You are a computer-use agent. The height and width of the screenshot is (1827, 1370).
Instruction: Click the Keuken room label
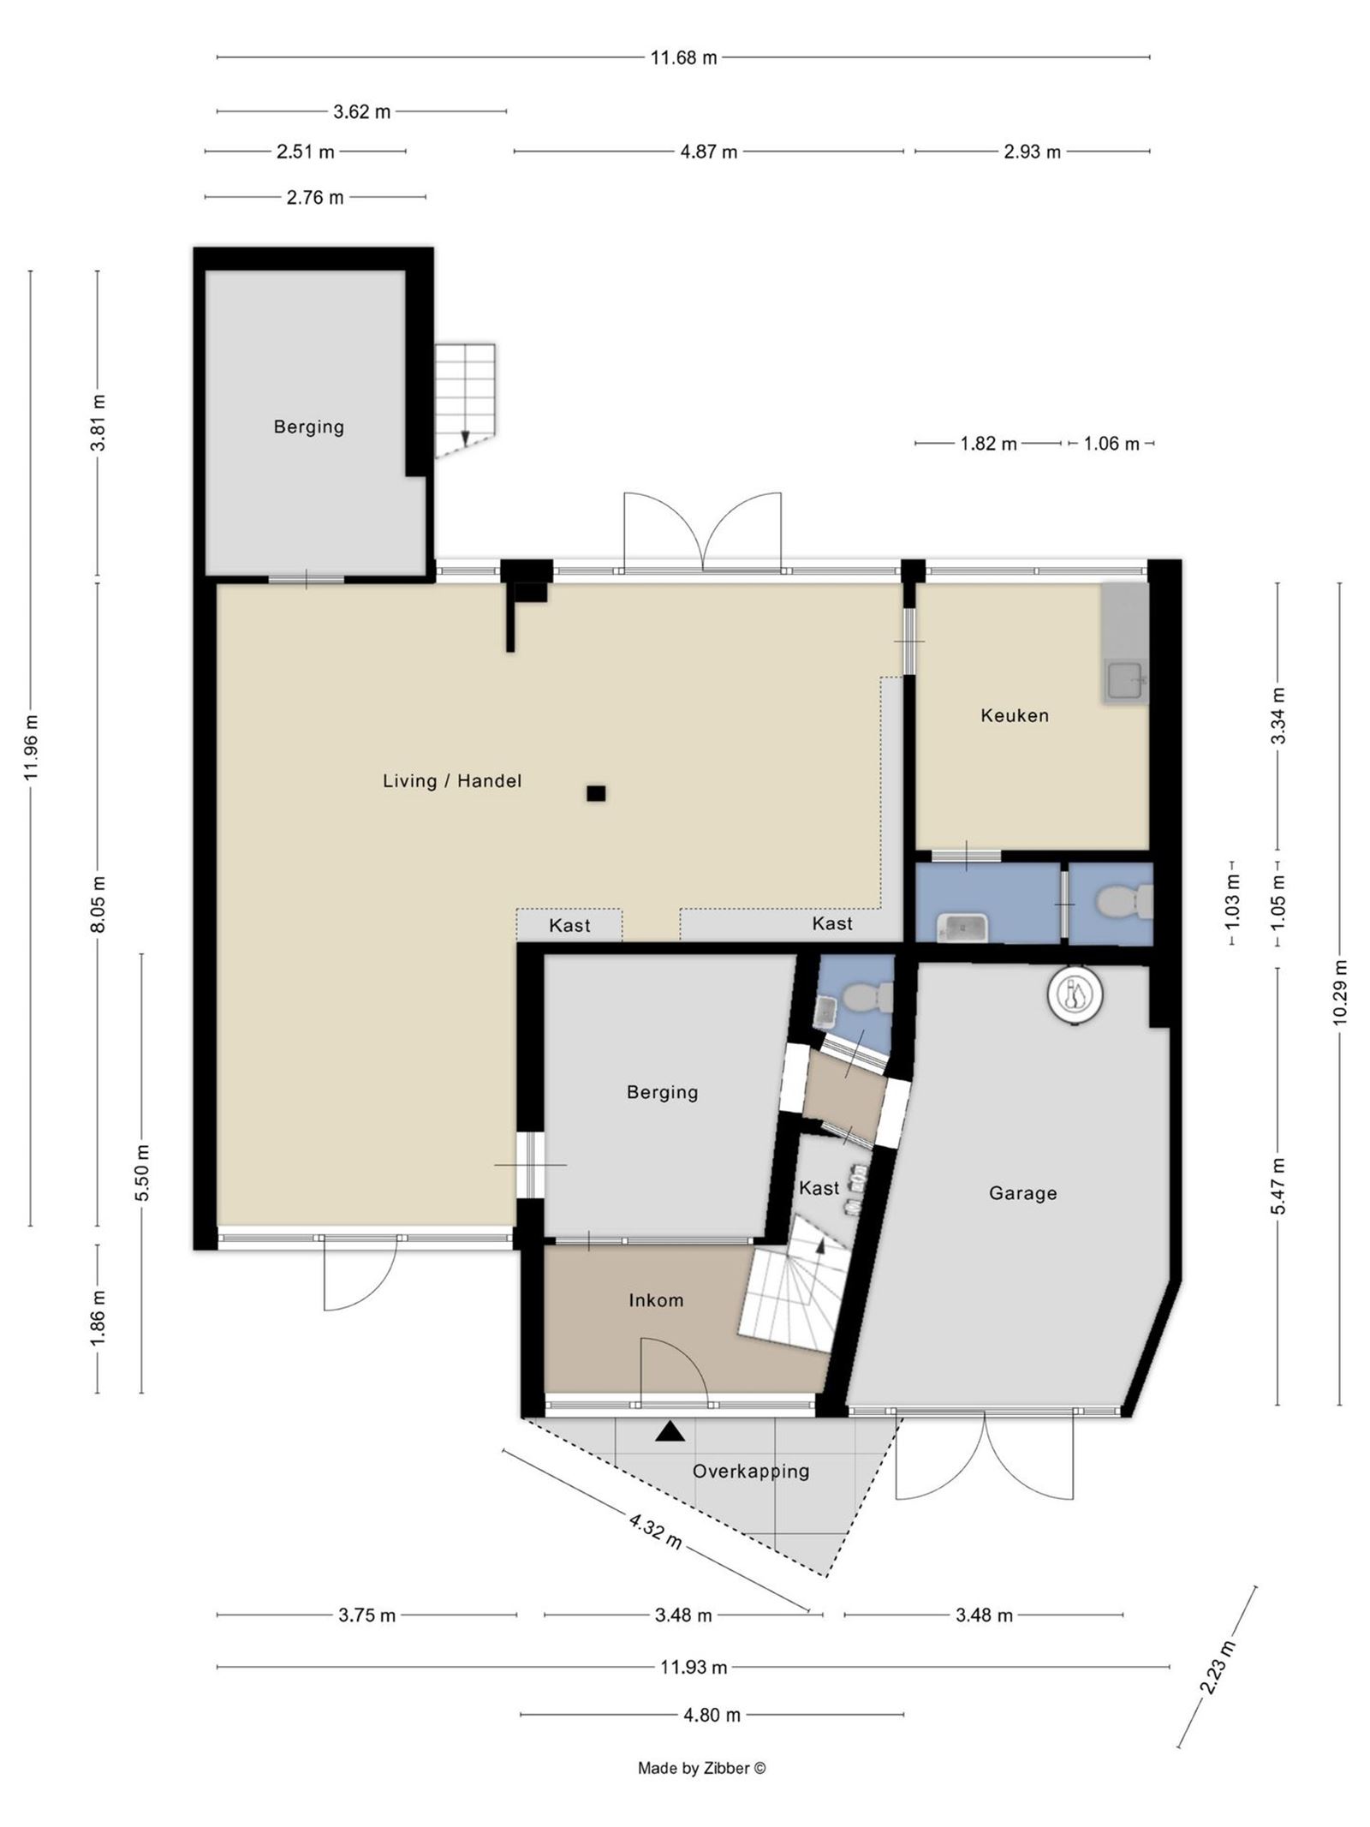[1014, 715]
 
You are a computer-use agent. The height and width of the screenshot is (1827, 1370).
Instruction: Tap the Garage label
[1022, 1193]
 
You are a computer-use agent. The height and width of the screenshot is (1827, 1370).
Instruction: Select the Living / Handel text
[451, 780]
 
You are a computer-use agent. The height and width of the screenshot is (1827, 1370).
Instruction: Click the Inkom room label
[656, 1300]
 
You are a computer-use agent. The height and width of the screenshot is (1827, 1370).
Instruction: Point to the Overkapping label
[750, 1471]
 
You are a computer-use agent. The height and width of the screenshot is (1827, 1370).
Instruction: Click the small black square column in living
[596, 793]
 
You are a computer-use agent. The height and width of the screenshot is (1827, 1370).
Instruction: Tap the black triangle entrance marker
[670, 1431]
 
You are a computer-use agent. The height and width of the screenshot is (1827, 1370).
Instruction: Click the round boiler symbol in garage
[1075, 994]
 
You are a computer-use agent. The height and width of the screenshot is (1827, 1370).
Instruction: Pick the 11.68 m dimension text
[683, 58]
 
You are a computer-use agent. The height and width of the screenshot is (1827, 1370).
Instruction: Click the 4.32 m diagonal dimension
[655, 1531]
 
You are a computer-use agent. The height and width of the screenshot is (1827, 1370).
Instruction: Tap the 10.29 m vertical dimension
[1339, 991]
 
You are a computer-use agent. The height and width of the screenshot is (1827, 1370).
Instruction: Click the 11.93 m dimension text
[694, 1667]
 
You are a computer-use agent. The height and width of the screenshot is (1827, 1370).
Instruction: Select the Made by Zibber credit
[701, 1768]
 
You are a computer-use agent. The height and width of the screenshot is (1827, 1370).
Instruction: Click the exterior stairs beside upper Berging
[465, 398]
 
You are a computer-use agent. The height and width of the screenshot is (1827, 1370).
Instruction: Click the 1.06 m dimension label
[1111, 444]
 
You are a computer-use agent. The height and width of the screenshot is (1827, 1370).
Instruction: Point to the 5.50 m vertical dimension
[142, 1173]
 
